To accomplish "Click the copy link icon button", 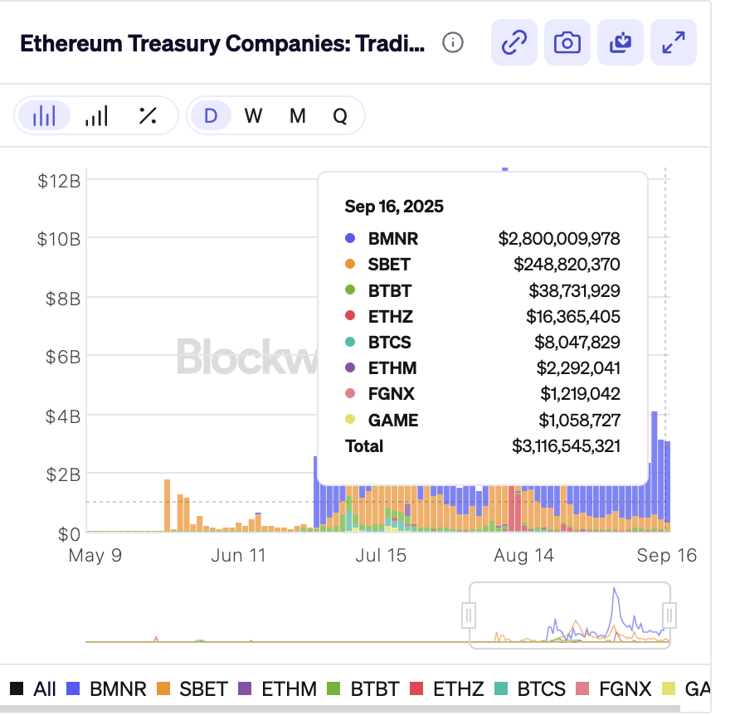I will (x=514, y=42).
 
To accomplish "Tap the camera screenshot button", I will (x=567, y=42).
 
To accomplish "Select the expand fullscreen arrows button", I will (x=674, y=42).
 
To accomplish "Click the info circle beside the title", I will (x=453, y=42).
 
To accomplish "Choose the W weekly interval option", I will (x=253, y=116).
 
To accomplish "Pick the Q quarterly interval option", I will (x=340, y=116).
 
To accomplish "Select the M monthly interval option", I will (x=297, y=116).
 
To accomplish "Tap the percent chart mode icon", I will (x=148, y=116).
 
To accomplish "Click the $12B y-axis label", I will (x=59, y=180).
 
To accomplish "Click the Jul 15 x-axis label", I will (x=381, y=555).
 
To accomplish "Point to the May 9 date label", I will (x=95, y=555).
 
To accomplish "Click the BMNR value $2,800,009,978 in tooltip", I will (x=559, y=239).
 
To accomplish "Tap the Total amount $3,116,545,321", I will (x=566, y=446).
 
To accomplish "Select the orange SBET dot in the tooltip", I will (x=350, y=265).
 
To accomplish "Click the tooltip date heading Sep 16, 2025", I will (x=394, y=207).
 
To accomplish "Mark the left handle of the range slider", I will (x=469, y=615).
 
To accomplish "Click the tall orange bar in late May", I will (x=167, y=504).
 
